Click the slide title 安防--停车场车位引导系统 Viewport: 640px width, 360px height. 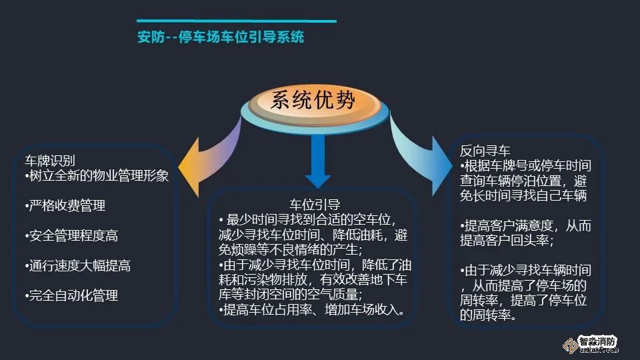[x=221, y=37]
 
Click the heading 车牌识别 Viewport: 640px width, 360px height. [x=50, y=161]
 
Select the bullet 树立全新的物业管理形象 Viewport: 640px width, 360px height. [x=97, y=175]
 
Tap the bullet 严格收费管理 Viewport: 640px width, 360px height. [x=65, y=205]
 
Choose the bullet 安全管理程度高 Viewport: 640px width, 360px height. [x=71, y=235]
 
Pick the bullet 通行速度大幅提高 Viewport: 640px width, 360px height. [x=78, y=266]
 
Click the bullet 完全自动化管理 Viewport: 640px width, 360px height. [x=71, y=295]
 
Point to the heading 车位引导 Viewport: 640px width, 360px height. [x=315, y=205]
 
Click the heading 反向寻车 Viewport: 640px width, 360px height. [x=485, y=151]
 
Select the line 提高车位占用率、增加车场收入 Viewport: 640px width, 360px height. [x=312, y=310]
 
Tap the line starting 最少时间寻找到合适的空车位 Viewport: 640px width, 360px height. [x=307, y=219]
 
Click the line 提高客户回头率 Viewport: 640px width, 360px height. [x=507, y=241]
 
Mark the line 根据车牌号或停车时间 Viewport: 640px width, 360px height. [x=526, y=166]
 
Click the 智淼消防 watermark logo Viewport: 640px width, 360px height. [x=591, y=344]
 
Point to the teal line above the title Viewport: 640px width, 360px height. [x=237, y=21]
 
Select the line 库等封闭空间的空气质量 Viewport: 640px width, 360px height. [x=290, y=295]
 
